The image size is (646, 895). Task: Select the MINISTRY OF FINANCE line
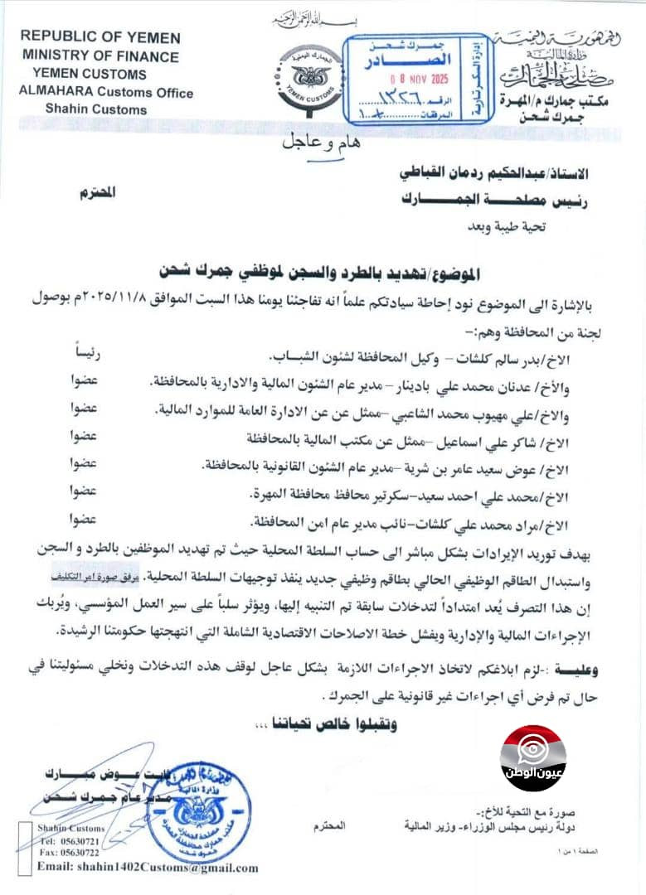pyautogui.click(x=101, y=56)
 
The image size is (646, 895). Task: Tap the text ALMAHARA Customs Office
pyautogui.click(x=106, y=92)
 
